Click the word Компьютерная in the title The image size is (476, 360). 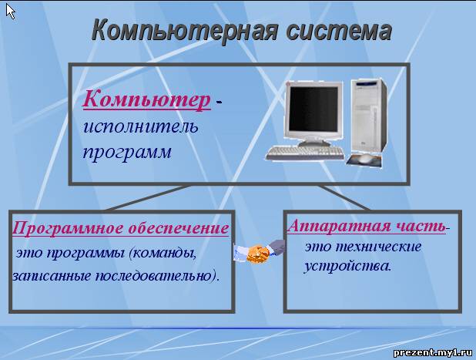(185, 30)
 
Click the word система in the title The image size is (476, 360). (339, 30)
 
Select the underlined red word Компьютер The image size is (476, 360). (146, 100)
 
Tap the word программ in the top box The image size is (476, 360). (127, 153)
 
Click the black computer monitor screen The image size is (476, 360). (313, 109)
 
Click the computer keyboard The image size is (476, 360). (305, 153)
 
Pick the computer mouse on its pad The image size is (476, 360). (364, 159)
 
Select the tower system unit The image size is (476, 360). (369, 116)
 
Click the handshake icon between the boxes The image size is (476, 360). (260, 251)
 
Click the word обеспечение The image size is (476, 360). (178, 229)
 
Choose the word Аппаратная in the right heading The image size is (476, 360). (334, 227)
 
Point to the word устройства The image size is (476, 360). (347, 266)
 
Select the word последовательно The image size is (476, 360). (157, 276)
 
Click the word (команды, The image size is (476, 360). (163, 254)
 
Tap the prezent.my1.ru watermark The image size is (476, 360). (433, 352)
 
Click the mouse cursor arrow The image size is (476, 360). (10, 12)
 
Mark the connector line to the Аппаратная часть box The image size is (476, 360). (345, 197)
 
